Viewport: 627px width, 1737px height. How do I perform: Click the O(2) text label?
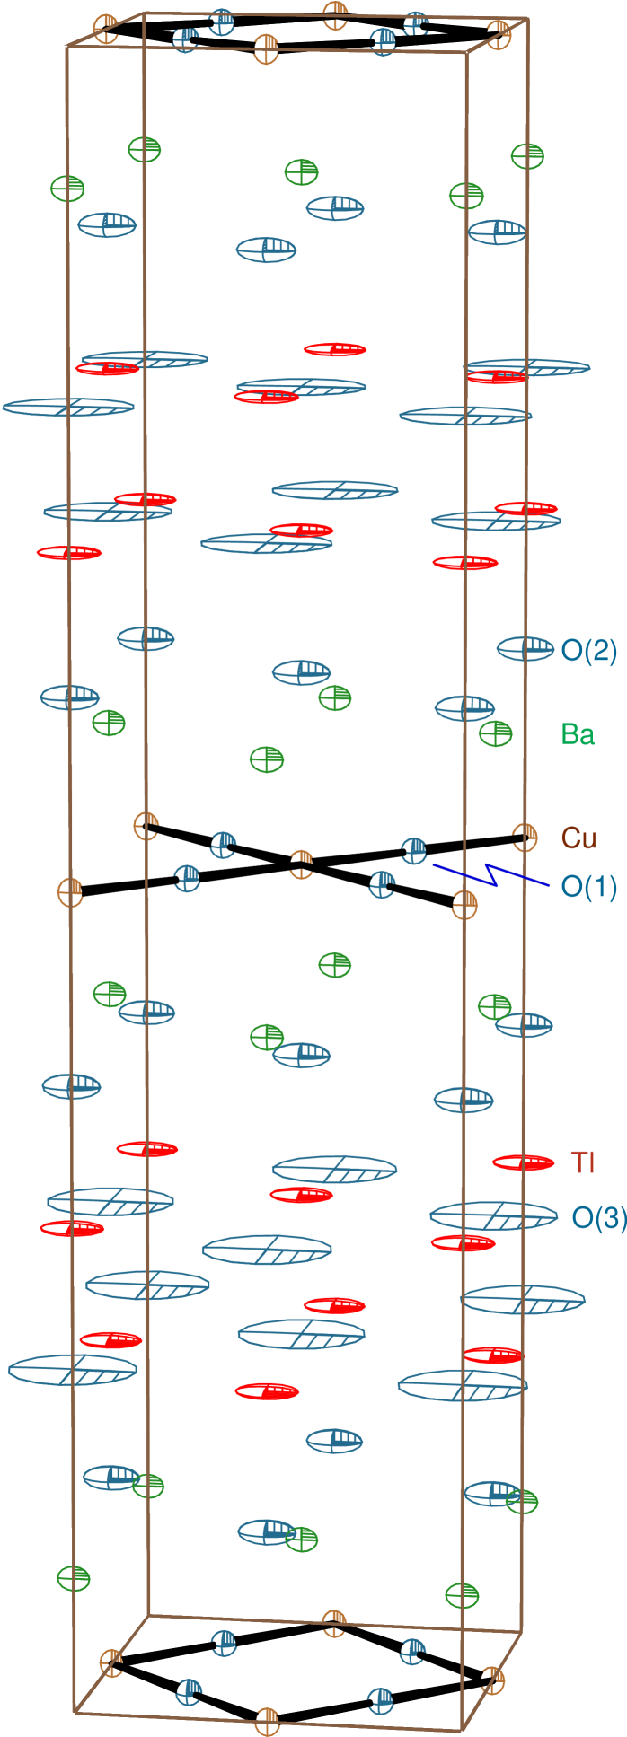(588, 651)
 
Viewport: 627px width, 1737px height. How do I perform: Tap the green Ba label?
(578, 734)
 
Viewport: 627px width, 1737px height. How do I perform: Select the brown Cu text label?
(578, 838)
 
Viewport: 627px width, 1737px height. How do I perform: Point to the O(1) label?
(588, 887)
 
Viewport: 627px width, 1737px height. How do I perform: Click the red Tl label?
(583, 1162)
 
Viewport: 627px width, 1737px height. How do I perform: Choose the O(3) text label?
(598, 1218)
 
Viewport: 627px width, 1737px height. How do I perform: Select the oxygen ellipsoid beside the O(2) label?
(525, 648)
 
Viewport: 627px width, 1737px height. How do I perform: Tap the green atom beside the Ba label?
(495, 733)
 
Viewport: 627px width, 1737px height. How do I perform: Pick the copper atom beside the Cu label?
(525, 837)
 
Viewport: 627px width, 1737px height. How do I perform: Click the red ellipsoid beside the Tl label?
(523, 1162)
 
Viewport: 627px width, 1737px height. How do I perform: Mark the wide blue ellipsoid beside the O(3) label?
(493, 1215)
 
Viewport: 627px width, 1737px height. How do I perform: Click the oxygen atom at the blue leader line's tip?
(414, 850)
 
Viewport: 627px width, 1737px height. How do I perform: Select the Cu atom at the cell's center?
(302, 864)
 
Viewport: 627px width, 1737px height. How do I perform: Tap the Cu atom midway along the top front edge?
(267, 48)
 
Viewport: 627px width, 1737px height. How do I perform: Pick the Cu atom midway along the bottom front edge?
(267, 1721)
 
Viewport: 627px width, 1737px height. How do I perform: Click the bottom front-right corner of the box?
(463, 1730)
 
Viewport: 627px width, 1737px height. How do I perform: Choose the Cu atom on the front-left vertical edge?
(71, 892)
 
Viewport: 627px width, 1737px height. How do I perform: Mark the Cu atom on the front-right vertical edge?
(464, 904)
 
